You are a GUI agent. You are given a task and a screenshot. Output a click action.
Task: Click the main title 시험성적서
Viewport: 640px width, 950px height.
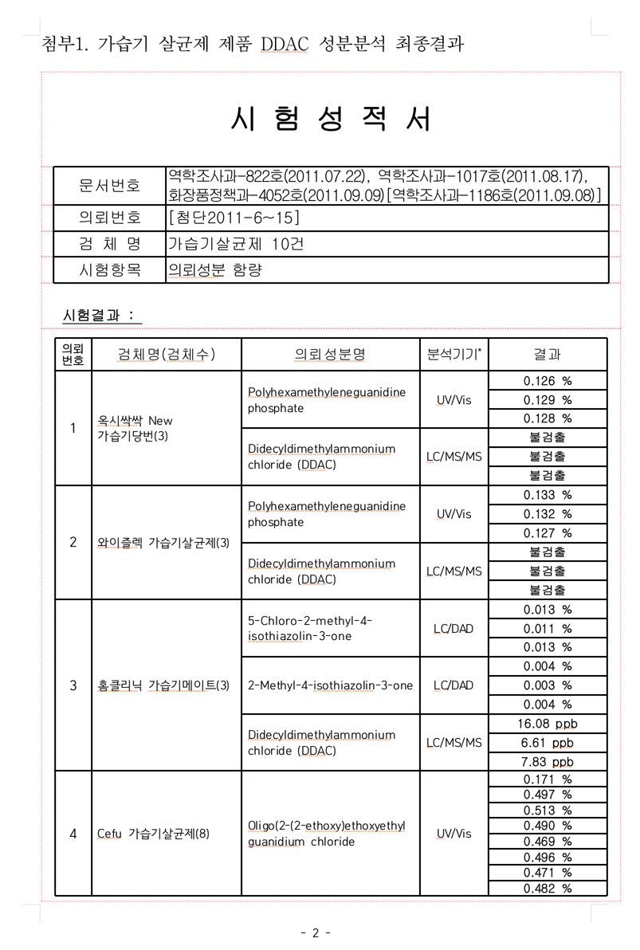click(x=331, y=120)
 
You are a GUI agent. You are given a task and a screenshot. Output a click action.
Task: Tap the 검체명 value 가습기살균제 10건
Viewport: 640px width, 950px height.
click(x=235, y=244)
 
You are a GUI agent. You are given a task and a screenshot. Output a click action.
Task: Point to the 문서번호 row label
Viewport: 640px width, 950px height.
click(x=109, y=186)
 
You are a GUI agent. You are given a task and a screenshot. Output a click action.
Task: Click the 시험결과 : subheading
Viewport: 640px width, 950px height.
click(x=100, y=316)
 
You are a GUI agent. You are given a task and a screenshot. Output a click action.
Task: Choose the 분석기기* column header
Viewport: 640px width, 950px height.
click(x=454, y=355)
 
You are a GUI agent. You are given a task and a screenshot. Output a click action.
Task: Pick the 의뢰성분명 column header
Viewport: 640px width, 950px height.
click(x=330, y=355)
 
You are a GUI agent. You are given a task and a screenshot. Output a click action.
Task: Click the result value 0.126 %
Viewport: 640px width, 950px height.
click(x=548, y=381)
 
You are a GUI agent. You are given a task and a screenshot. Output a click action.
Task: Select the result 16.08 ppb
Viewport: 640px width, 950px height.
click(x=548, y=724)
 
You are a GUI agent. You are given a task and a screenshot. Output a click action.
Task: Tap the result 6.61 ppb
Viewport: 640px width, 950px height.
click(x=548, y=743)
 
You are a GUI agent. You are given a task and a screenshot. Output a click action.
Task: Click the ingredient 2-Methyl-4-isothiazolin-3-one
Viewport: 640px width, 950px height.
click(x=330, y=685)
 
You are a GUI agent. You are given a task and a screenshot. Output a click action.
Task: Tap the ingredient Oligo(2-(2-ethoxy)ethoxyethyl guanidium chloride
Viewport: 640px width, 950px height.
click(x=327, y=834)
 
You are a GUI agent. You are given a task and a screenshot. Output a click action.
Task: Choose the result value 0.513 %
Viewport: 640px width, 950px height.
click(x=548, y=811)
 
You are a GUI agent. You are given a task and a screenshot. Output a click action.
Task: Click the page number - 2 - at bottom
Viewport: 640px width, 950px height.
click(x=316, y=933)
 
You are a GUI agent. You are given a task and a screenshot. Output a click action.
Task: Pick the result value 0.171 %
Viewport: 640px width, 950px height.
click(x=548, y=779)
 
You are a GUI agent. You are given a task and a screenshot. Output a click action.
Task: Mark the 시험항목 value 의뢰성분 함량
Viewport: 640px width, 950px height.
click(x=214, y=270)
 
